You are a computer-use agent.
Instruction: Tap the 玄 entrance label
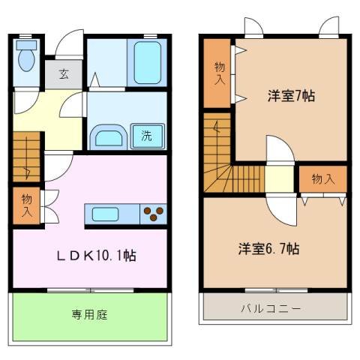pyautogui.click(x=64, y=74)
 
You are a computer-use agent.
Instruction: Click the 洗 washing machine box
pyautogui.click(x=147, y=136)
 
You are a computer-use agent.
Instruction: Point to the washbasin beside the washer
pyautogui.click(x=109, y=137)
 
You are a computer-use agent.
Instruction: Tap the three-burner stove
pyautogui.click(x=154, y=214)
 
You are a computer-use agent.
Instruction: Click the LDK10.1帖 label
pyautogui.click(x=97, y=256)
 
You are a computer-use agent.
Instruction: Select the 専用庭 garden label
pyautogui.click(x=90, y=314)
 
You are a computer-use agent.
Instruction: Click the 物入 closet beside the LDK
pyautogui.click(x=27, y=205)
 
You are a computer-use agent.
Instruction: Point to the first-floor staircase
pyautogui.click(x=26, y=157)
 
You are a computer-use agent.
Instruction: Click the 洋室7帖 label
pyautogui.click(x=292, y=96)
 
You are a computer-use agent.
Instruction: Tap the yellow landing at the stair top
pyautogui.click(x=278, y=180)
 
